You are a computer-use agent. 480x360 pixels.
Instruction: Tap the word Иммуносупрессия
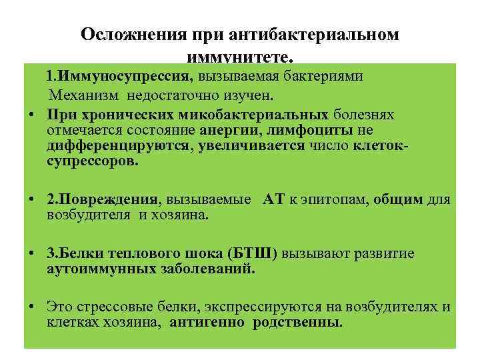137,75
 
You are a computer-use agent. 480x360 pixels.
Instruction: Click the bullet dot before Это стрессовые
31,308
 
